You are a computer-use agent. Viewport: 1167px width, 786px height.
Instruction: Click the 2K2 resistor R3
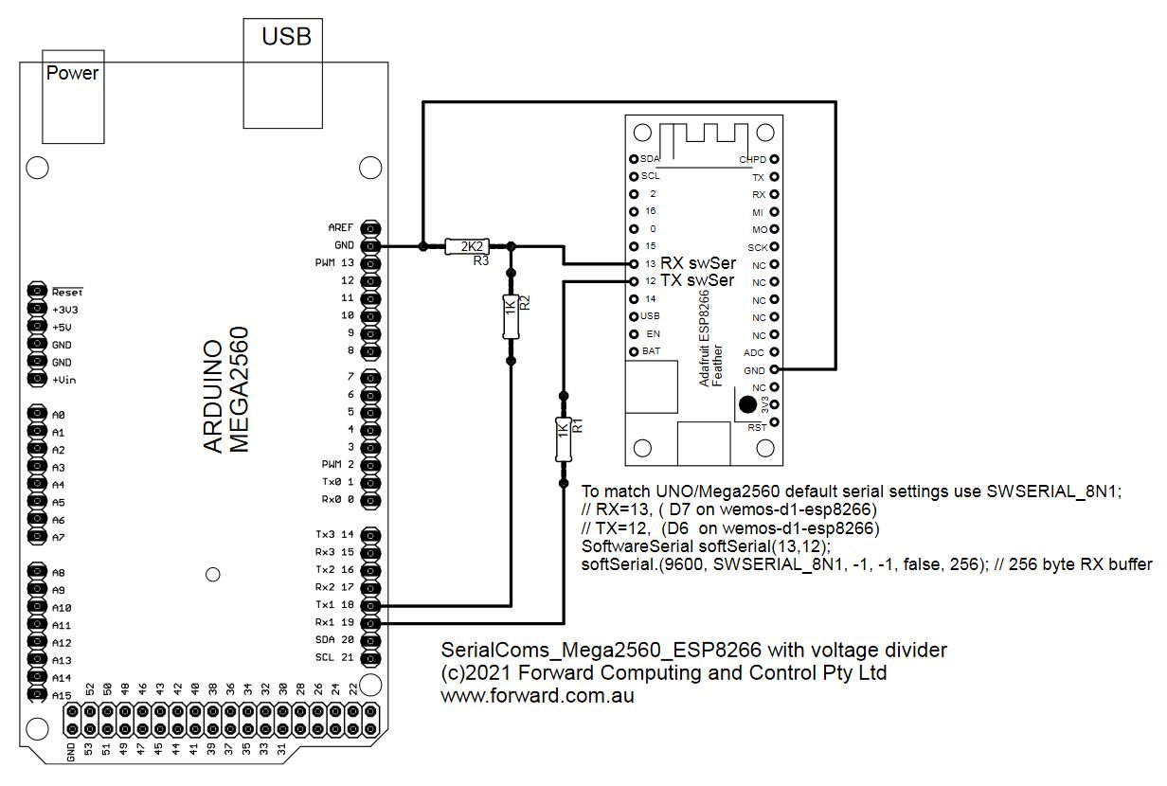tap(467, 246)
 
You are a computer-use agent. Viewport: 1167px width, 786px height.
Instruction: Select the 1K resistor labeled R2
tap(511, 316)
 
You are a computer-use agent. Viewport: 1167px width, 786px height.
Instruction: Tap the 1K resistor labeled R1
tap(564, 439)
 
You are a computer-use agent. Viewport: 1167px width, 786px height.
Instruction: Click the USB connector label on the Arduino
tap(286, 37)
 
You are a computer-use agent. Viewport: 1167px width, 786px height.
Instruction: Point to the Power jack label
tap(72, 73)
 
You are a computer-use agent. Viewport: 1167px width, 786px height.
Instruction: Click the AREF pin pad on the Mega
tap(370, 228)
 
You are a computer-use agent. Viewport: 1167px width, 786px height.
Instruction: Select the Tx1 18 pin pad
tap(370, 605)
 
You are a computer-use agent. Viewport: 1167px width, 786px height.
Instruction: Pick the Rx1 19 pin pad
tap(370, 623)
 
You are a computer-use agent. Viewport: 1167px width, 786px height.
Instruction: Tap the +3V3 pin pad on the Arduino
tap(37, 309)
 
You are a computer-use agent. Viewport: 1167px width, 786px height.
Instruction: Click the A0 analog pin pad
tap(37, 414)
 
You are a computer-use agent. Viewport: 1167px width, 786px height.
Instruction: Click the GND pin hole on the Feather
tap(775, 369)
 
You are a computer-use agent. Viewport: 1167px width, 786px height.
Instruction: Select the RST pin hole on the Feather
tap(775, 422)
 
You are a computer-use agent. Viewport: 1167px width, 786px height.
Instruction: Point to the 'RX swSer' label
tap(698, 263)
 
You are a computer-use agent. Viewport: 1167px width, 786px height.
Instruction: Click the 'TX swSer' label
tap(697, 280)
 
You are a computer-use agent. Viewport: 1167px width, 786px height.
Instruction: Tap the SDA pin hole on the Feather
tap(634, 159)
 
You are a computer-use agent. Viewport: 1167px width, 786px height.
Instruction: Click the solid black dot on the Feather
tap(747, 404)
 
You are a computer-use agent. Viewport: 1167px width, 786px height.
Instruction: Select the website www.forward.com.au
tap(537, 696)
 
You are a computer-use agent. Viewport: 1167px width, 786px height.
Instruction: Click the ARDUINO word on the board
tap(212, 397)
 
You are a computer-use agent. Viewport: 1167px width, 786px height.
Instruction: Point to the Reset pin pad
tap(37, 290)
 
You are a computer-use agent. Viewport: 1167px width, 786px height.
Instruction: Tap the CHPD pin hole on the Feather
tap(775, 159)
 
